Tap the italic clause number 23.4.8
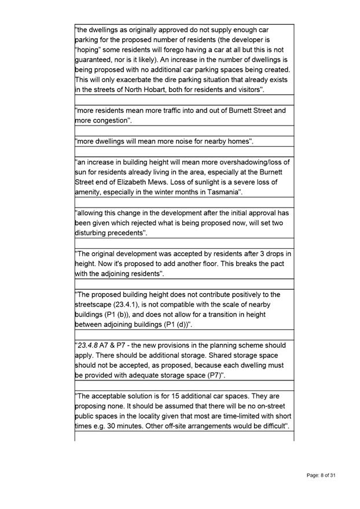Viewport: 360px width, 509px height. point(89,345)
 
